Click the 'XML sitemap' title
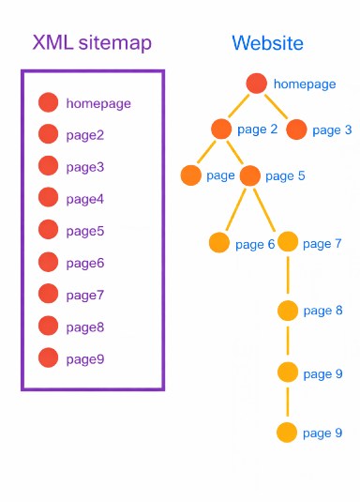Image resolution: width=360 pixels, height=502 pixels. tap(92, 42)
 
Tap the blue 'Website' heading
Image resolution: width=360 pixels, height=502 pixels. tap(267, 43)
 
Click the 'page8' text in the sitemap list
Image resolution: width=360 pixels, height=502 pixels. tap(85, 327)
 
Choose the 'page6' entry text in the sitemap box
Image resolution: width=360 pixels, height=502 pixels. tap(85, 264)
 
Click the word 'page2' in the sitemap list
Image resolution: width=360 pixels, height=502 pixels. tap(85, 135)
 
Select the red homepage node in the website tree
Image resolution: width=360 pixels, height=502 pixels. tap(257, 84)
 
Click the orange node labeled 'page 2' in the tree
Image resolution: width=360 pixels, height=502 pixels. tap(221, 129)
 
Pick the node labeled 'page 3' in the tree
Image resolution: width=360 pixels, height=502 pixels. tap(297, 129)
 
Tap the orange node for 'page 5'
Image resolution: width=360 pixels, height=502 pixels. tap(249, 175)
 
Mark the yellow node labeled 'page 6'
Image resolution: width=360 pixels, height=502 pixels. tap(219, 243)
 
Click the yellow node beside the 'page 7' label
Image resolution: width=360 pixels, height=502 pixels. tap(288, 242)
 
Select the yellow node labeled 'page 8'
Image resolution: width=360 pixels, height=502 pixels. tap(288, 311)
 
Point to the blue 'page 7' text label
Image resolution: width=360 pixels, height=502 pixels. tap(323, 244)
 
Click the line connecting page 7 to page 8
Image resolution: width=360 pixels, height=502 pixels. tap(288, 276)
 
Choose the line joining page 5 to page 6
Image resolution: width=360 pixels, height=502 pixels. tap(235, 207)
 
